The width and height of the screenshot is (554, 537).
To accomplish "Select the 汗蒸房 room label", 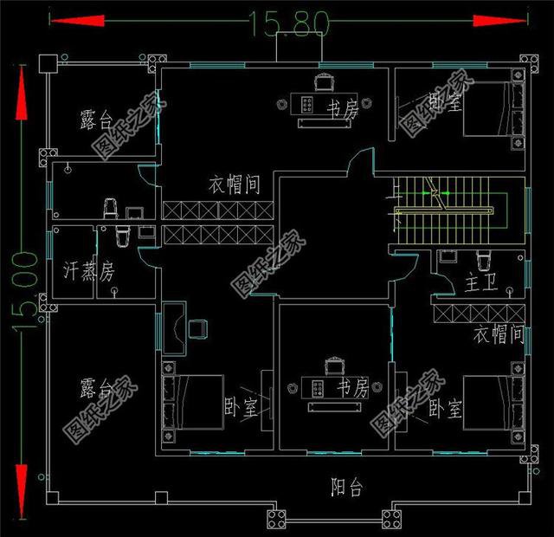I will click(x=89, y=271).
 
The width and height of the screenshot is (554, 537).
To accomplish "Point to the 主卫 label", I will click(x=480, y=281).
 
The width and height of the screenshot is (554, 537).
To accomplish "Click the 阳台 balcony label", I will click(x=346, y=488).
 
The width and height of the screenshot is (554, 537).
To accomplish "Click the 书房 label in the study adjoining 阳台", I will click(x=352, y=387).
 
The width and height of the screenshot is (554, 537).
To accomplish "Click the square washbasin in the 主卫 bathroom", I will click(x=447, y=256).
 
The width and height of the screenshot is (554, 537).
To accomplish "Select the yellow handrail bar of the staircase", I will click(x=445, y=210).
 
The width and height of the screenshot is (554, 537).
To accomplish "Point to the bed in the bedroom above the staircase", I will click(x=494, y=110).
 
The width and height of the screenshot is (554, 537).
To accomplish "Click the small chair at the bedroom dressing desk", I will click(x=199, y=327).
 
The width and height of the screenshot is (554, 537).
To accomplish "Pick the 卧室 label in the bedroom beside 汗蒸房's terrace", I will click(x=242, y=407).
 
